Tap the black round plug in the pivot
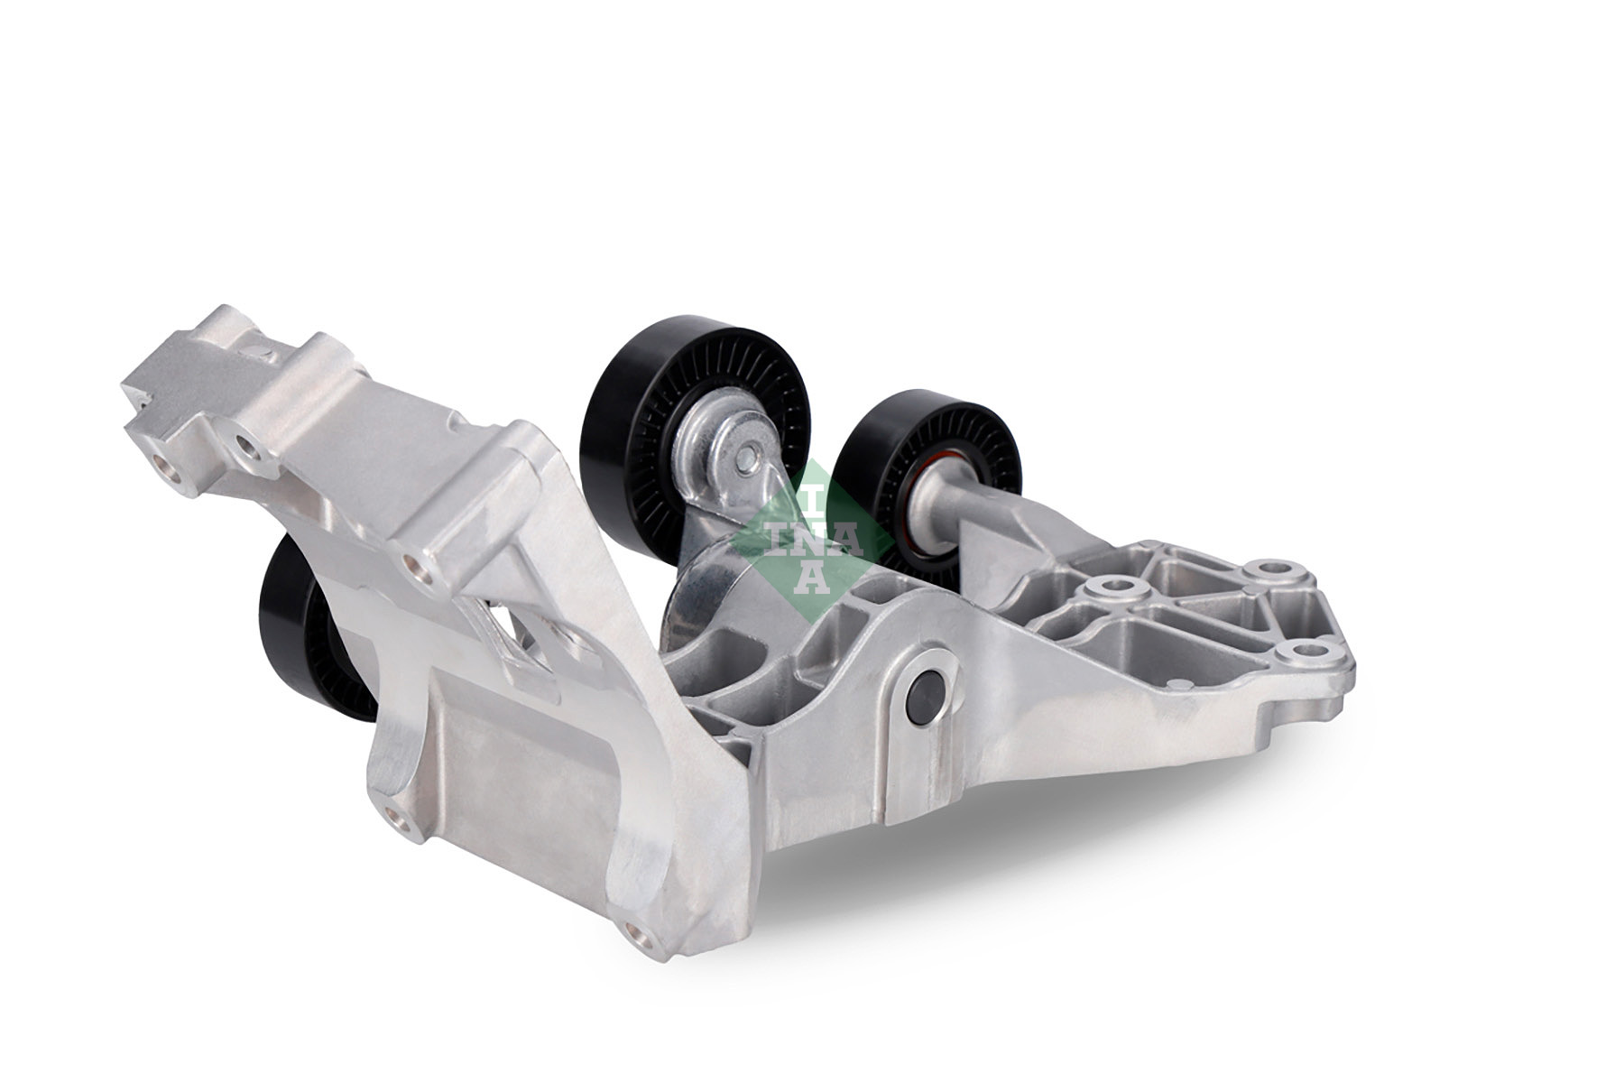point(928,690)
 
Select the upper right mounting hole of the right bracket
point(1272,570)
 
